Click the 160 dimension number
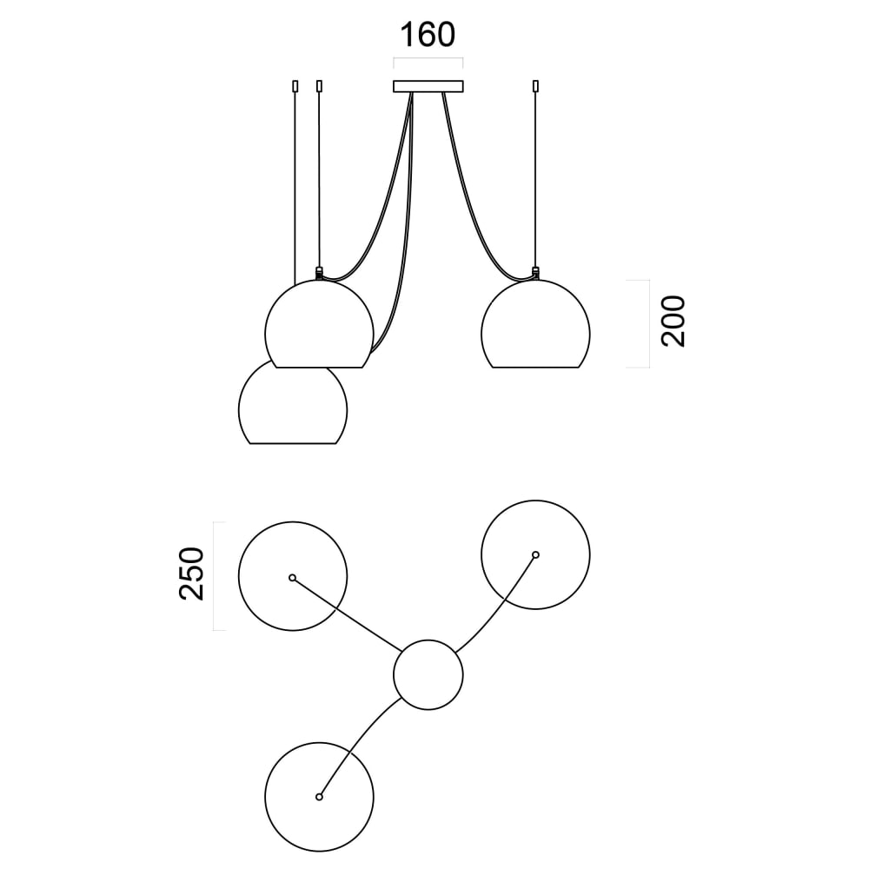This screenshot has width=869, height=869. point(428,36)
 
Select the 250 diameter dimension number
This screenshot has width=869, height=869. point(191,574)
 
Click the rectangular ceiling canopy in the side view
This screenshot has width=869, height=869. point(428,86)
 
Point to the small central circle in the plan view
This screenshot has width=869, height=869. point(428,675)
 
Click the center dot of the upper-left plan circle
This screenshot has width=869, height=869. point(293,577)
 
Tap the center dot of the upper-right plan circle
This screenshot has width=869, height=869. point(535,554)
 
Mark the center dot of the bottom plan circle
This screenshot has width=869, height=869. point(319,796)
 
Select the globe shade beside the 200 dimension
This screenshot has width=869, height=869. point(535,326)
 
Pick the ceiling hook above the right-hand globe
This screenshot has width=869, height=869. point(535,86)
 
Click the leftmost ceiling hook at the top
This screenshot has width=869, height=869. point(296,86)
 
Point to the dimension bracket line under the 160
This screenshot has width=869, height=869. point(428,59)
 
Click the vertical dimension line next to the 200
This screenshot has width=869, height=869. point(649,323)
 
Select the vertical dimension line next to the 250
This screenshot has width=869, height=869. point(215,575)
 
